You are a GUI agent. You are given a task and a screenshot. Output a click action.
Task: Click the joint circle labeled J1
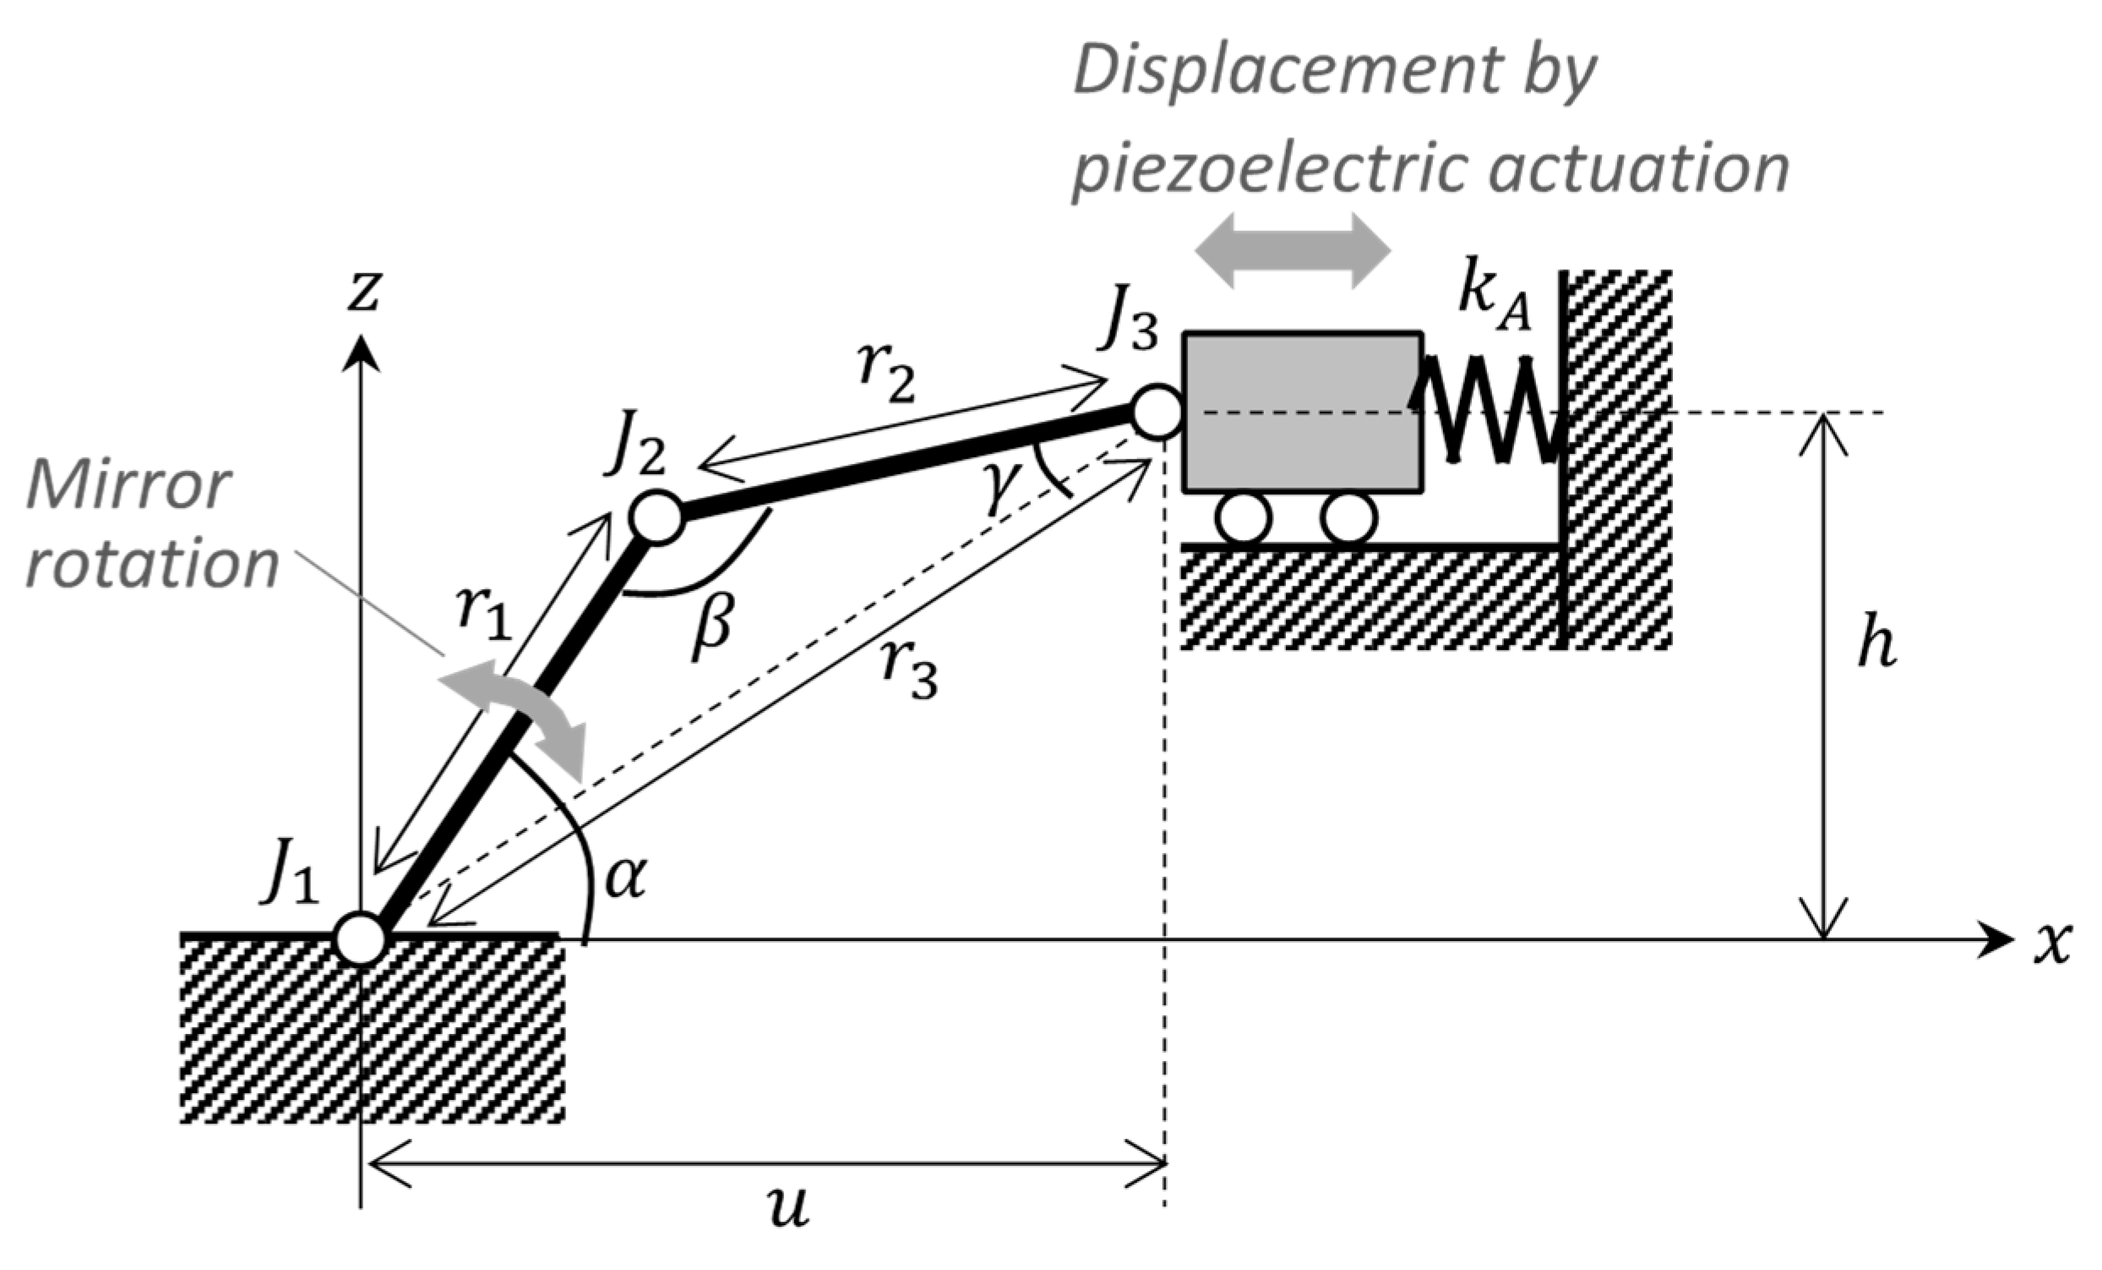[361, 937]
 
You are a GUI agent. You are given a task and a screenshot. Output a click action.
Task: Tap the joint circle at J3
[1157, 413]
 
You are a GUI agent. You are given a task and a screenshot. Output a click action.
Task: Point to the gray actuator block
[1302, 412]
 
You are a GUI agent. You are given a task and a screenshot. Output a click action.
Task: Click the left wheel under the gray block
[1244, 518]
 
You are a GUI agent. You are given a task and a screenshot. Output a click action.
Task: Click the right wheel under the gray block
[1348, 518]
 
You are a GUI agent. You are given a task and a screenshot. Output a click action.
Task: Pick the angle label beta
[711, 627]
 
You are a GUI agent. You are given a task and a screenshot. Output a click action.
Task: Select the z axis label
[363, 290]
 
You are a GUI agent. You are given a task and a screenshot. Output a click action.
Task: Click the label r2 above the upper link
[887, 375]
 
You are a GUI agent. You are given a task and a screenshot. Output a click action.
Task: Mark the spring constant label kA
[1494, 299]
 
